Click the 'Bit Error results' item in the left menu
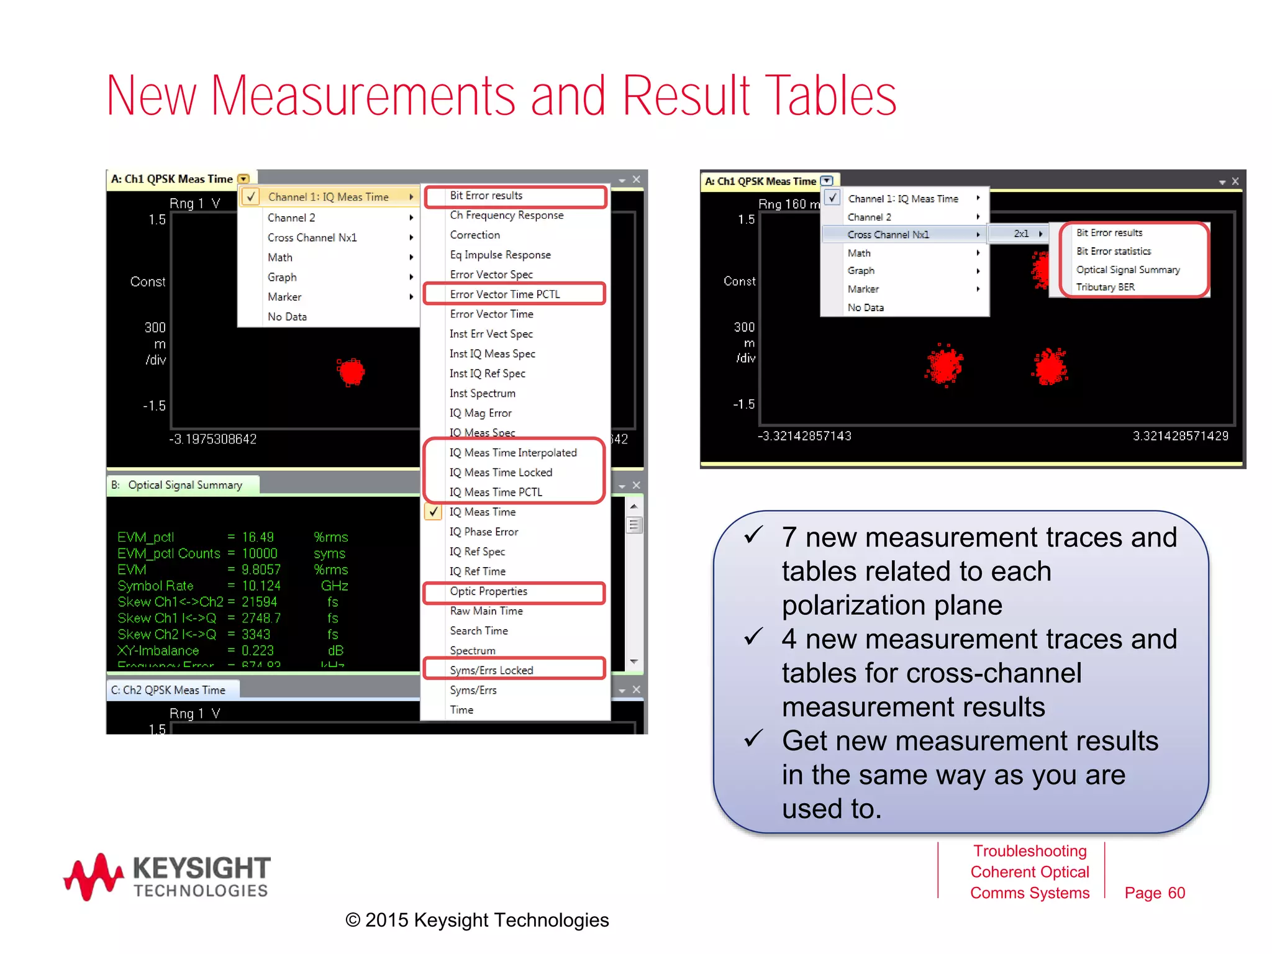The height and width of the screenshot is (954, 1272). pos(486,196)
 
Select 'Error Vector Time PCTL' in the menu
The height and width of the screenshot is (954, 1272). pos(505,294)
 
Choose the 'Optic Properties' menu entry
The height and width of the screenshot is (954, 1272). pos(489,591)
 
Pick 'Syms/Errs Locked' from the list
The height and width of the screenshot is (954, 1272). pos(491,670)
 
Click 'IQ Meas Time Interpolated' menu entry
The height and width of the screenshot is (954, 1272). pos(513,453)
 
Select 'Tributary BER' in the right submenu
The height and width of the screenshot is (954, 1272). pos(1105,288)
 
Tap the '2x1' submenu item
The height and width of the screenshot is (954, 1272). pos(1021,234)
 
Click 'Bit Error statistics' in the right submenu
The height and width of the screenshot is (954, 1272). pos(1114,252)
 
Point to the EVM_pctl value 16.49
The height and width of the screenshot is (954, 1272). pos(258,537)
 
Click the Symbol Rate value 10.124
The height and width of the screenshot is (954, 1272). pos(261,586)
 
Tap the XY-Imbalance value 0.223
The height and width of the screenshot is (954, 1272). pos(258,650)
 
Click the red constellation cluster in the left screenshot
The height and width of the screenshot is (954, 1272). pos(352,372)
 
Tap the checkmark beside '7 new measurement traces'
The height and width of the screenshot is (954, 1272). pos(753,535)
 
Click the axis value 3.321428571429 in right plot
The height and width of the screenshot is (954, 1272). pos(1180,436)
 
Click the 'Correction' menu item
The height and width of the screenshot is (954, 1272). pos(475,235)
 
